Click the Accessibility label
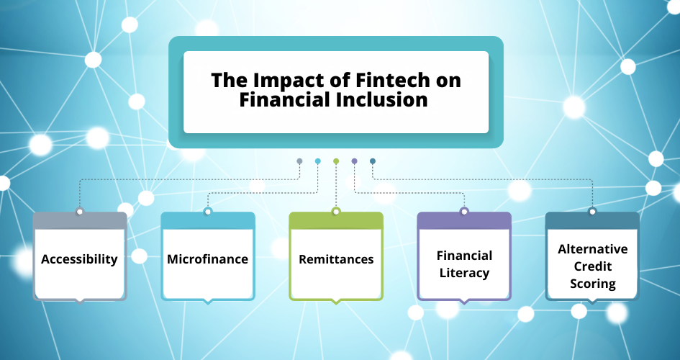[x=79, y=259]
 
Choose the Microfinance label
[x=208, y=259]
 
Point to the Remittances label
[x=336, y=259]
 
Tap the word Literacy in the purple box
[x=464, y=274]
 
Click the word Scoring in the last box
[x=593, y=284]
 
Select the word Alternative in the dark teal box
[x=593, y=249]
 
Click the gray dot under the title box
[x=299, y=161]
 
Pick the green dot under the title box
[x=336, y=161]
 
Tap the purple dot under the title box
[x=354, y=161]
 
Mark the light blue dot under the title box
[x=318, y=161]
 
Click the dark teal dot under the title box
[x=373, y=161]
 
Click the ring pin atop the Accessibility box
[x=79, y=211]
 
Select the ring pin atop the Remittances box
[x=336, y=211]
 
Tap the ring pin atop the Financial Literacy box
[x=464, y=211]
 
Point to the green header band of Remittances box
[x=336, y=221]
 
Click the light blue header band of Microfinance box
[x=208, y=221]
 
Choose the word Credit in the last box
[x=593, y=266]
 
